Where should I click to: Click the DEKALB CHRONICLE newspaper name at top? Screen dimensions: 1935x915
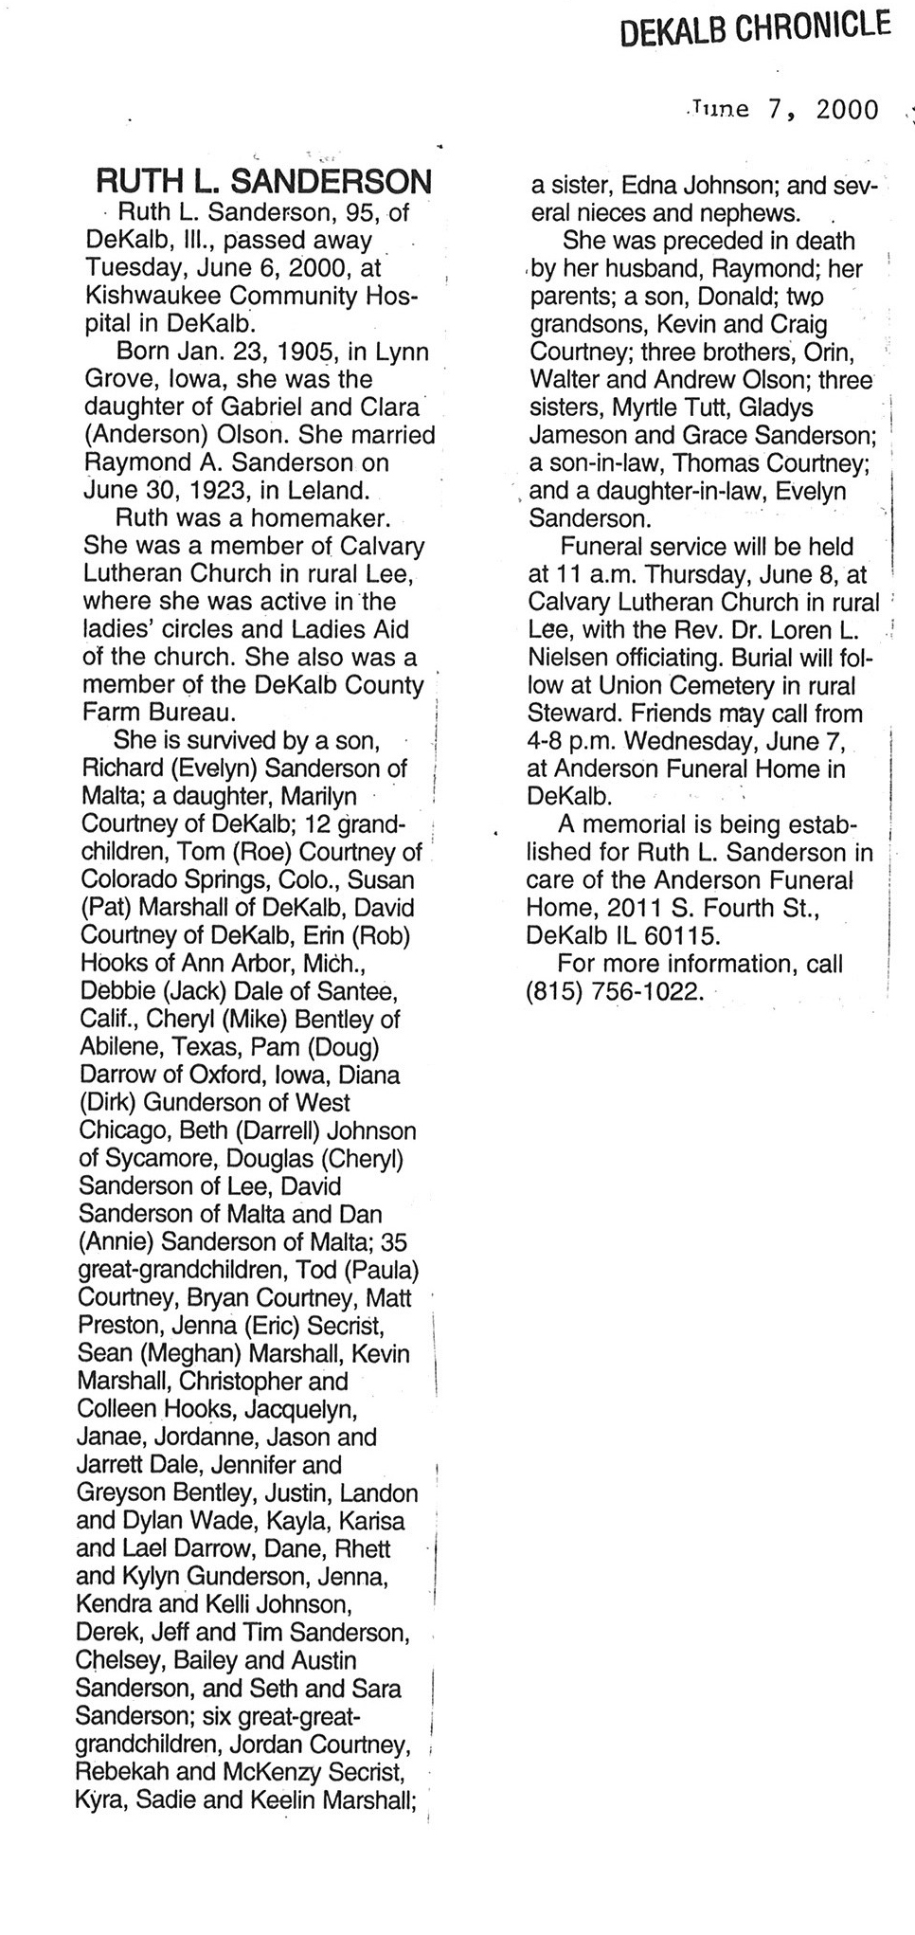[755, 27]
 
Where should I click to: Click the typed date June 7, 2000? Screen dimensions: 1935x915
[785, 109]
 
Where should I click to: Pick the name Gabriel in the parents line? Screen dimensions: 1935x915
[284, 407]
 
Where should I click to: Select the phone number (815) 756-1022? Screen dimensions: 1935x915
[616, 991]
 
